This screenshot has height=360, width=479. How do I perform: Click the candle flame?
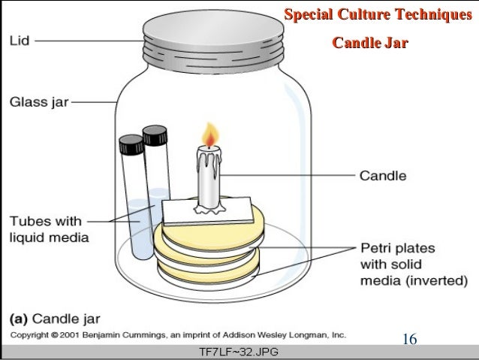pyautogui.click(x=211, y=137)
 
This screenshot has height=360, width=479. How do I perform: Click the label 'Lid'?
pyautogui.click(x=20, y=41)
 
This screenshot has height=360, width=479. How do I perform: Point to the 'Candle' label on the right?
pyautogui.click(x=383, y=177)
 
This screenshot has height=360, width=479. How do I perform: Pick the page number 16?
pyautogui.click(x=409, y=339)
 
